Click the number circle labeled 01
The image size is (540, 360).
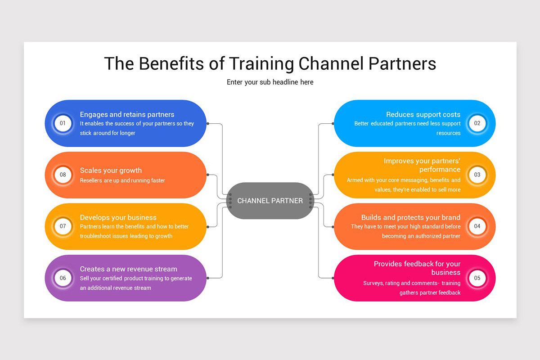coord(63,123)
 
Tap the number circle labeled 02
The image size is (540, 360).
coord(477,123)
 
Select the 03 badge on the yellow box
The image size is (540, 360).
coord(477,175)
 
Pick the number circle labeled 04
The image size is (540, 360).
coord(477,226)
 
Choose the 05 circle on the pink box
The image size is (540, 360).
coord(477,278)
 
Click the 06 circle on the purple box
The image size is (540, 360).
coord(63,278)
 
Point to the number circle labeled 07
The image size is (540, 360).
coord(63,226)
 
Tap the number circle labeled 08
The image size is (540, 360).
coord(63,175)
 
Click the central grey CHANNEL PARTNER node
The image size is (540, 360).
coord(270,201)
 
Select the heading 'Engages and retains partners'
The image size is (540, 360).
coord(127,114)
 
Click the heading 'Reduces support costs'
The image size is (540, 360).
coord(423,114)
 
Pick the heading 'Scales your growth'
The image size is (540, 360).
coord(111,171)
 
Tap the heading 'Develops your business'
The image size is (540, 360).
coord(118,217)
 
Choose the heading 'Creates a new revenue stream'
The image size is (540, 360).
coord(128,269)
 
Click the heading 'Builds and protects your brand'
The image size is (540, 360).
coord(410,217)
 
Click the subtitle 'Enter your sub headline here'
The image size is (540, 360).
coord(270,82)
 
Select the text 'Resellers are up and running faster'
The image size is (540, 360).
coord(122,180)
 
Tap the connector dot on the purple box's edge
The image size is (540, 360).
coord(207,278)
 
